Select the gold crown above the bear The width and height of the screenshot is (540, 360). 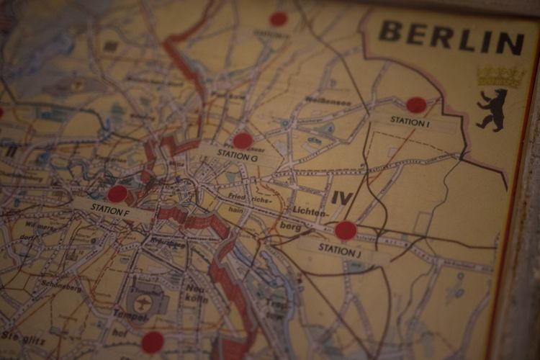(500, 76)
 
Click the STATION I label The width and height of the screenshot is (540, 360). (410, 122)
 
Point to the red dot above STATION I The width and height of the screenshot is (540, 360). (416, 105)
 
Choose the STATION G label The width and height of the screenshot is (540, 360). (237, 156)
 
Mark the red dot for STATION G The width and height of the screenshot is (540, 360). (243, 140)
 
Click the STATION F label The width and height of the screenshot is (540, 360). (110, 210)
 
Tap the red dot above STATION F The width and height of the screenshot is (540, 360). (117, 194)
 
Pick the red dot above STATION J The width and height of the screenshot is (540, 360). (346, 230)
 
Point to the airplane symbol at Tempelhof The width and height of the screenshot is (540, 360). (143, 303)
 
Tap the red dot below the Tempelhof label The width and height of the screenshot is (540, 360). (152, 342)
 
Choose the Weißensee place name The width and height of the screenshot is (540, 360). (328, 101)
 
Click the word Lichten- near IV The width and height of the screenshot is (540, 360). (310, 210)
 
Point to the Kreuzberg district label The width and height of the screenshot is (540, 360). (167, 243)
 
